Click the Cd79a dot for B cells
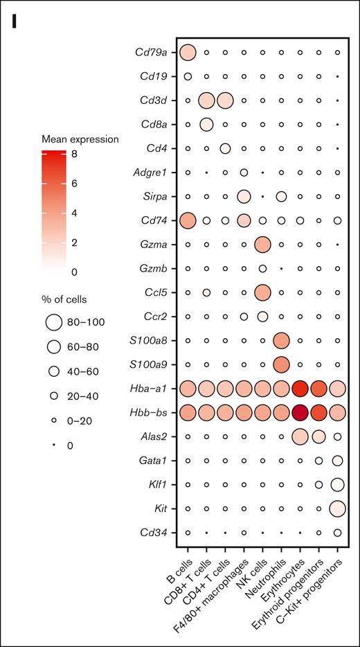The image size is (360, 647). (x=188, y=52)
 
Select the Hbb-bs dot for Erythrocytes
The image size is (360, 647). (x=300, y=412)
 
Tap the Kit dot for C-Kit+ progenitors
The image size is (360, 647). (x=337, y=508)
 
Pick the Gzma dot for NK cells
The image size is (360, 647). (x=262, y=245)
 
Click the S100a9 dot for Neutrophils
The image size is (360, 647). (x=281, y=364)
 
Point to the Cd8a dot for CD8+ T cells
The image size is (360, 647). (x=206, y=124)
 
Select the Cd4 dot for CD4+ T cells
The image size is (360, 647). (x=225, y=148)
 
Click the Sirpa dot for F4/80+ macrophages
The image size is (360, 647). (x=244, y=196)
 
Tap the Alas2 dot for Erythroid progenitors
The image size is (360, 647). (x=318, y=436)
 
